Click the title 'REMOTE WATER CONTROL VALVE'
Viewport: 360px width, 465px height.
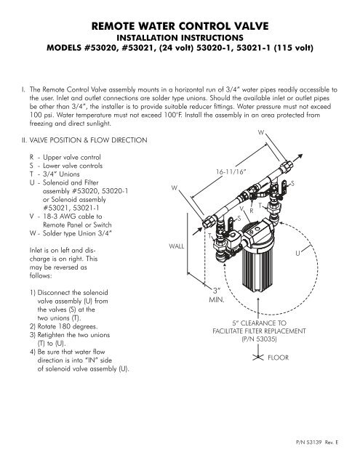tap(180, 28)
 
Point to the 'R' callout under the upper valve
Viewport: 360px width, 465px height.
tap(251, 211)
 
